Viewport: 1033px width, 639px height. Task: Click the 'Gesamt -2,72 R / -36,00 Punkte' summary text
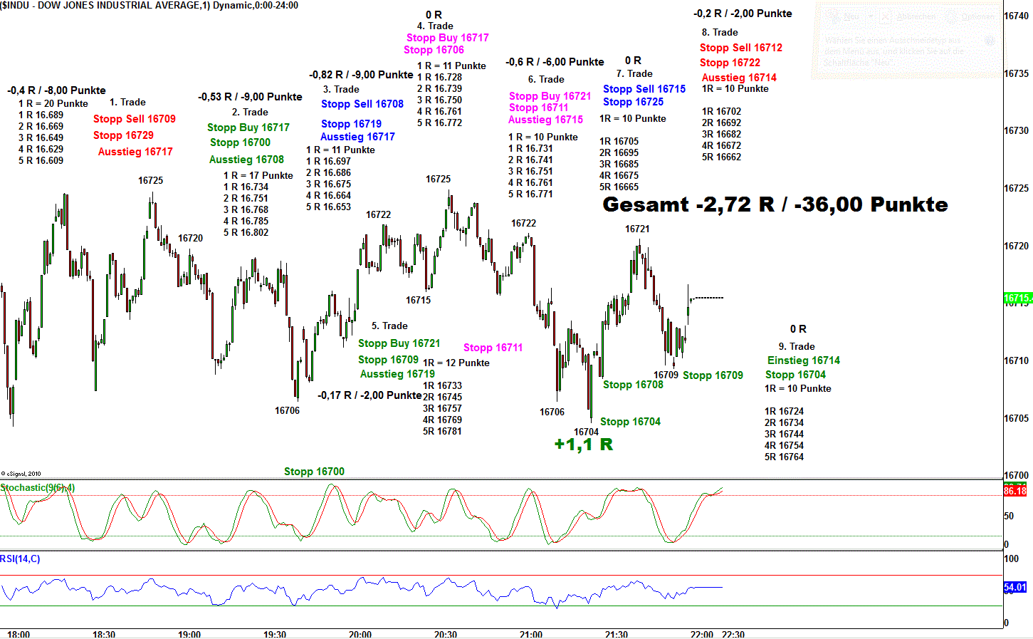(775, 205)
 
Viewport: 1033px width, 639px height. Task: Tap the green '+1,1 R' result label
(583, 445)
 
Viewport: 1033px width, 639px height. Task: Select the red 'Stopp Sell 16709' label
(134, 119)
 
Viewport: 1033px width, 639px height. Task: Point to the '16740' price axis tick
(1016, 16)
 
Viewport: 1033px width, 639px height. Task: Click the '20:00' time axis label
(360, 634)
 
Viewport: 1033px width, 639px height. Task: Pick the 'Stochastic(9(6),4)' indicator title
(37, 488)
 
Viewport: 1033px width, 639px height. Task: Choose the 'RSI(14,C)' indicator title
(20, 559)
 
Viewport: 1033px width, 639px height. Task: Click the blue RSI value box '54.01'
(1014, 588)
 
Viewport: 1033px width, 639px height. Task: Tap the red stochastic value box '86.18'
(1014, 491)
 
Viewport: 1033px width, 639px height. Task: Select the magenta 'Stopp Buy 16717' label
(447, 38)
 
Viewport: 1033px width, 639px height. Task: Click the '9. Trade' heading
(796, 346)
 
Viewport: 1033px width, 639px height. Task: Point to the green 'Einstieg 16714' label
(803, 360)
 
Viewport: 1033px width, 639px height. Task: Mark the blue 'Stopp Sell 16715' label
(644, 89)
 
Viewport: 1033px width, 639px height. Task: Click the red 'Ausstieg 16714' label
(739, 78)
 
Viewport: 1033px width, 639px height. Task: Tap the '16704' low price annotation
(586, 432)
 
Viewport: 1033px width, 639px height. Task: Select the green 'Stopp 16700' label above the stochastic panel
(314, 472)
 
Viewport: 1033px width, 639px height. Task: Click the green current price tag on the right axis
(1017, 298)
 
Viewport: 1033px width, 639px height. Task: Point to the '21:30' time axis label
(617, 634)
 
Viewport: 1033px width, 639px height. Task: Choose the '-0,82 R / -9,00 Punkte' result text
(361, 75)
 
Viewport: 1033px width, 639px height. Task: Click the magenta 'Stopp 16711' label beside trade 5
(493, 348)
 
